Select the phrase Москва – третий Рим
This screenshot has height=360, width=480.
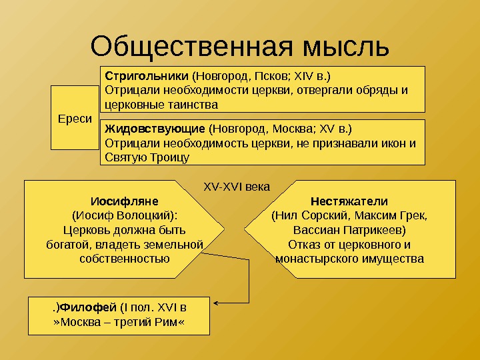point(119,323)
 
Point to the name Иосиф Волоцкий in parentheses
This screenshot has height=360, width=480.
point(125,215)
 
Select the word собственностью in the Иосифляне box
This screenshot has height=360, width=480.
point(124,259)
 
